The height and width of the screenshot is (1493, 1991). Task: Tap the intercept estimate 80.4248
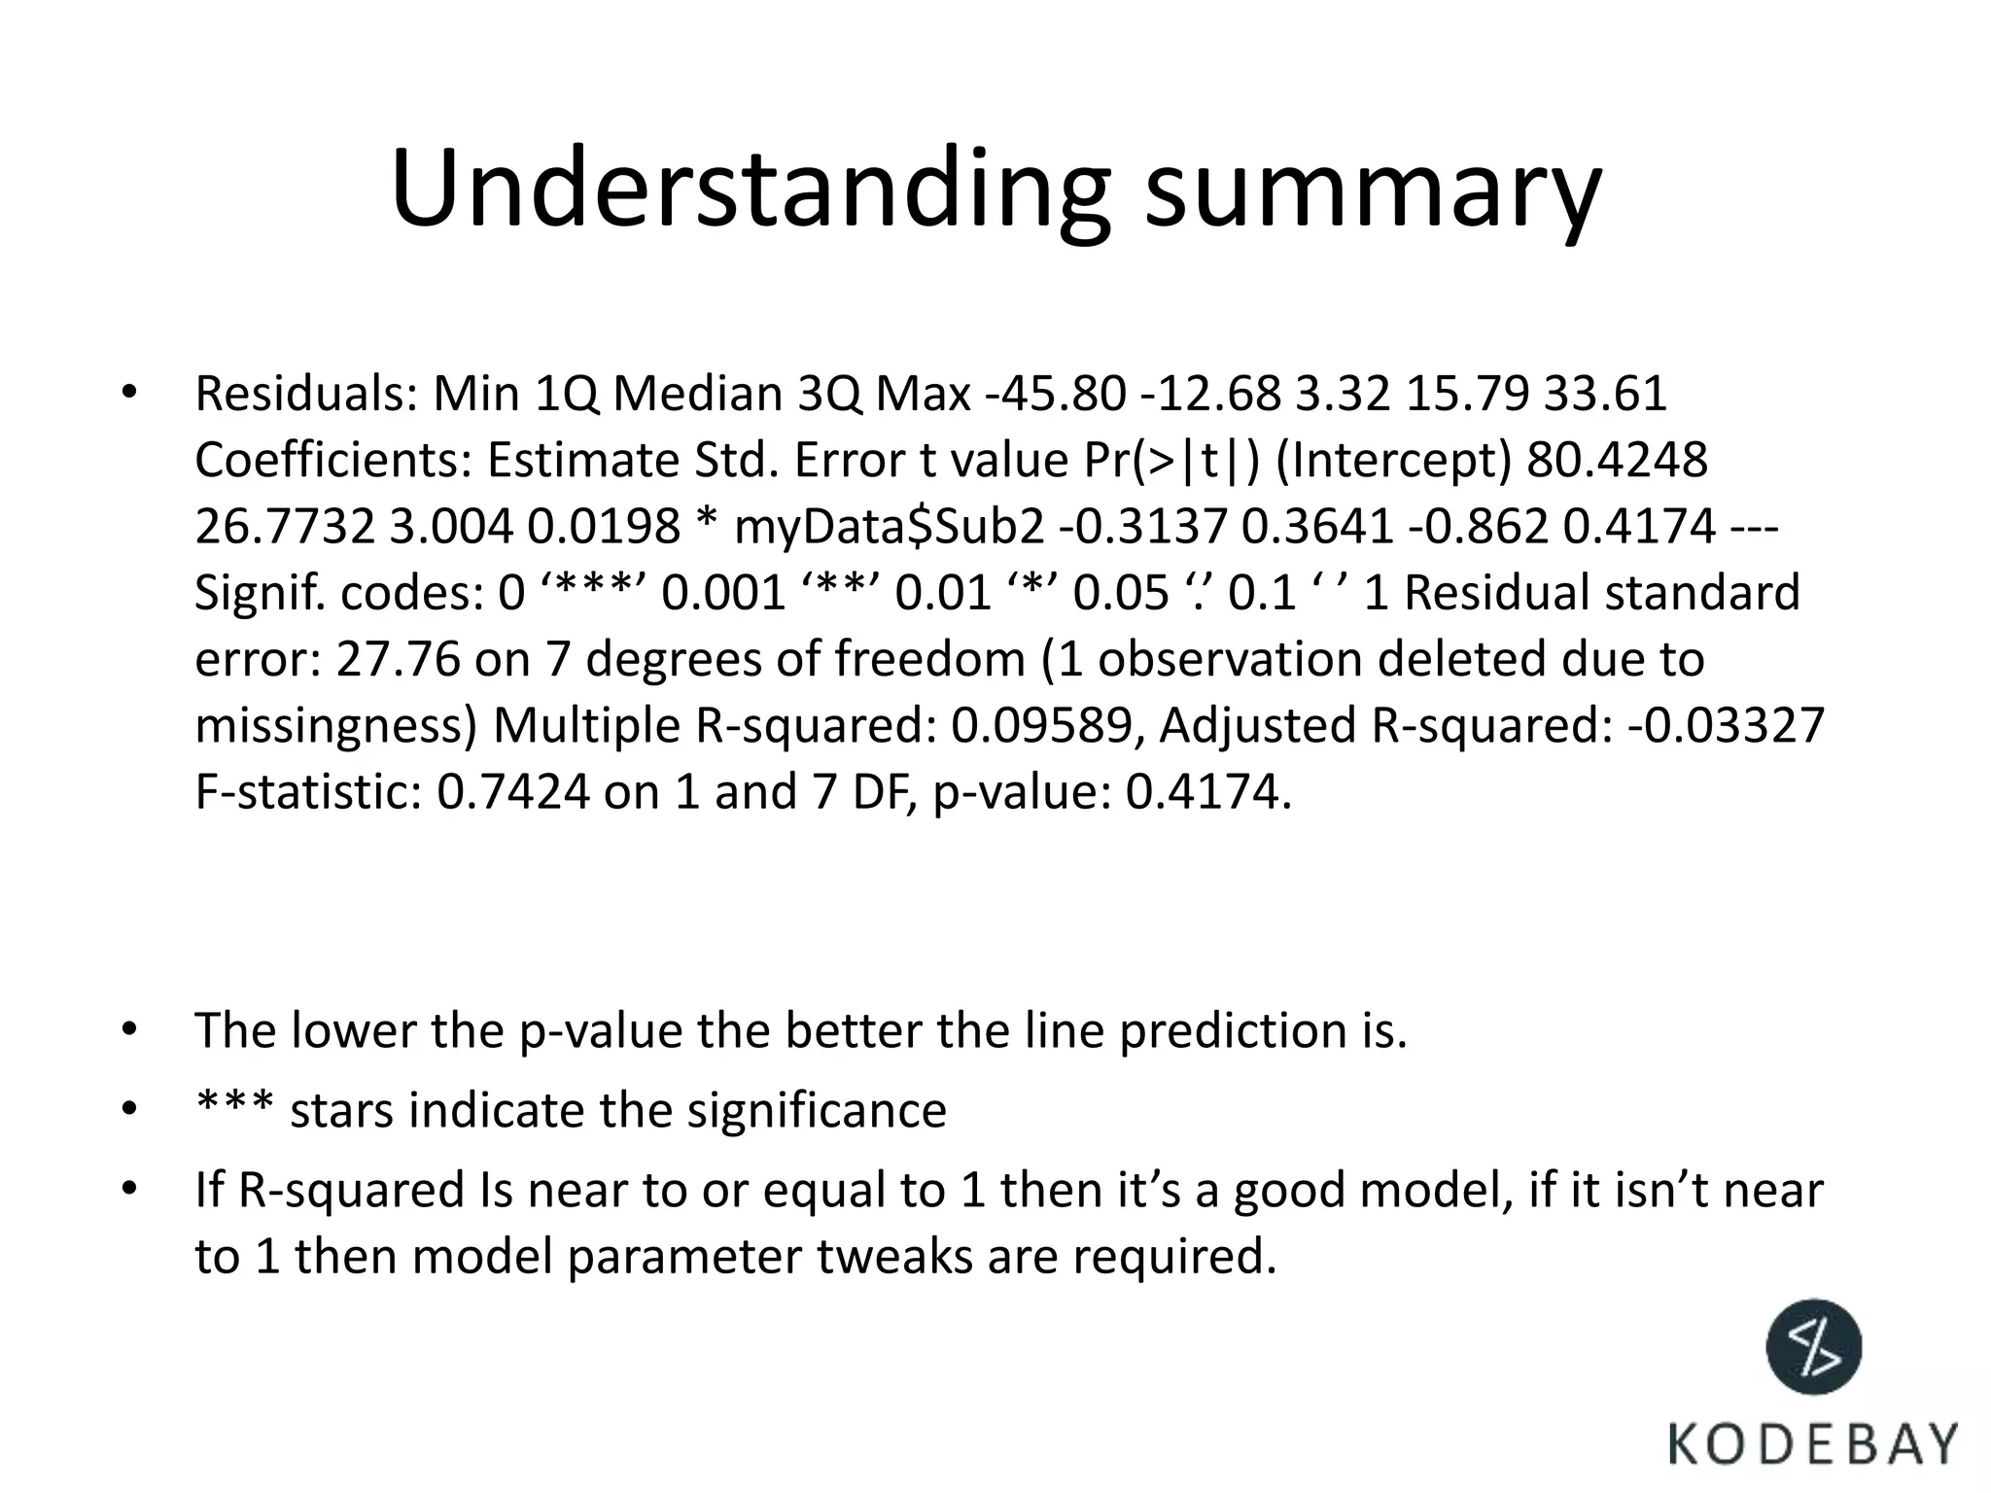point(1617,461)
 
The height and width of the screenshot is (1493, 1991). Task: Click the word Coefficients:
point(332,461)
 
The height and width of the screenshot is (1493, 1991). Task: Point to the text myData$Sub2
point(889,527)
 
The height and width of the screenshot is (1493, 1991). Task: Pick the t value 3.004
point(450,527)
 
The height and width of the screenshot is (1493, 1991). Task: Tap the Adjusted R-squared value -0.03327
point(1726,726)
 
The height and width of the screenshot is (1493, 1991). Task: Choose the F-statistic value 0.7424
point(512,792)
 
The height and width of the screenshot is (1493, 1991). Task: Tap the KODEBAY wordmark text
point(1813,1442)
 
